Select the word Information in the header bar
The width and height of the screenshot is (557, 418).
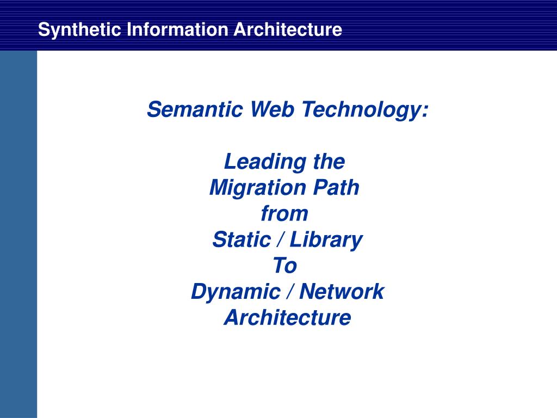pos(177,29)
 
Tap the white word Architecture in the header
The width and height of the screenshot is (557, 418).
pos(288,29)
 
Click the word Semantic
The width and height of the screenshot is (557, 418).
pos(195,109)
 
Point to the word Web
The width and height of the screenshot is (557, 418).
pos(272,109)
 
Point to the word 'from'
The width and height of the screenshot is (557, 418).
pos(284,213)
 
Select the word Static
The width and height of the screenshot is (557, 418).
pos(242,239)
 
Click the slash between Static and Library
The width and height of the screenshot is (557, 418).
pos(281,239)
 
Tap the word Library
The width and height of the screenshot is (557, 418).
pos(326,240)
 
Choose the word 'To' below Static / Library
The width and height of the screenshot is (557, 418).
pos(285,266)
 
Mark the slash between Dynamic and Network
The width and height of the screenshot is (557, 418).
pos(290,292)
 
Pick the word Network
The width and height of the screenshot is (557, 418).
pos(342,292)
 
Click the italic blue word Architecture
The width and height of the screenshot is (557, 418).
pos(288,317)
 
